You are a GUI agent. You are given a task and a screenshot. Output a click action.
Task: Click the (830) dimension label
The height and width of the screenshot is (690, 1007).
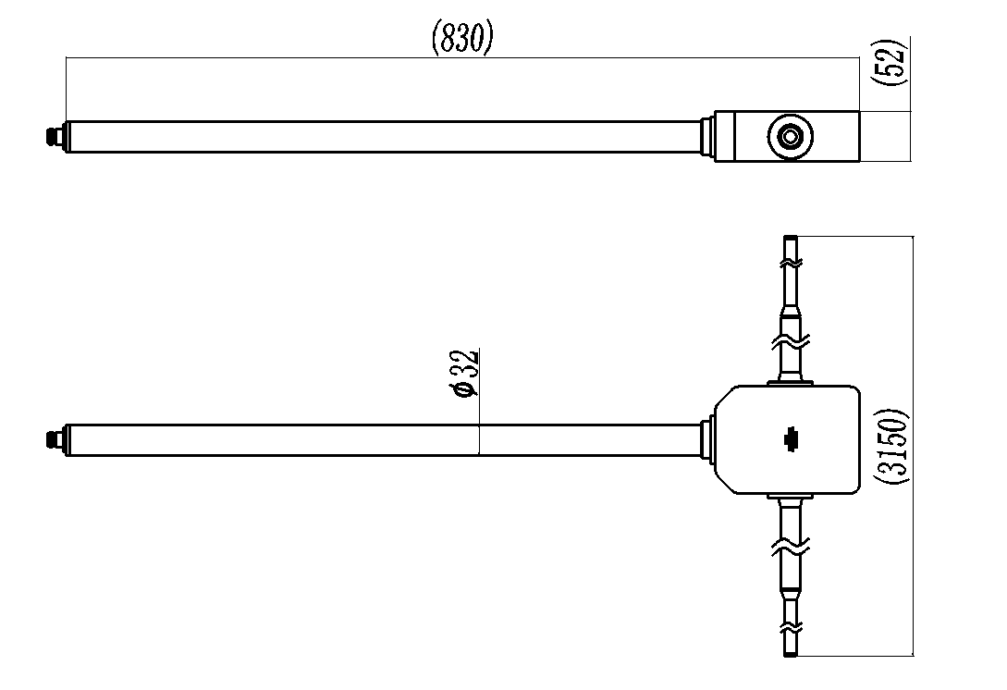point(462,37)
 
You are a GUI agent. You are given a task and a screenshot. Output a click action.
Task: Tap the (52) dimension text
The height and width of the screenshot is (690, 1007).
point(890,61)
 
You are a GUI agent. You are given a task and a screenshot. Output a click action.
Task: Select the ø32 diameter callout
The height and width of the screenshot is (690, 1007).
point(465,374)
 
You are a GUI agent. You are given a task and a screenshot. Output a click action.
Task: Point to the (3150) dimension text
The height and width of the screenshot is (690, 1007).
point(892,446)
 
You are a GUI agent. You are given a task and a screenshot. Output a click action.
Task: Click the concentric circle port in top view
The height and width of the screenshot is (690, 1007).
point(790,136)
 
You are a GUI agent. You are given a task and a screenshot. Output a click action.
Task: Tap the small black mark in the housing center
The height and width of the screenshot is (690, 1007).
point(790,439)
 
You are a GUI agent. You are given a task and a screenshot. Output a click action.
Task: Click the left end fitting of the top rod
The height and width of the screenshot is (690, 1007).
point(55,136)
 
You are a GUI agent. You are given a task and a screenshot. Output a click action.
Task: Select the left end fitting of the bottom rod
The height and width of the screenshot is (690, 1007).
point(55,440)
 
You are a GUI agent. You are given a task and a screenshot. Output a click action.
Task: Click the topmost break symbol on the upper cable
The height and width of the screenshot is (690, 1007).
point(791,264)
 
